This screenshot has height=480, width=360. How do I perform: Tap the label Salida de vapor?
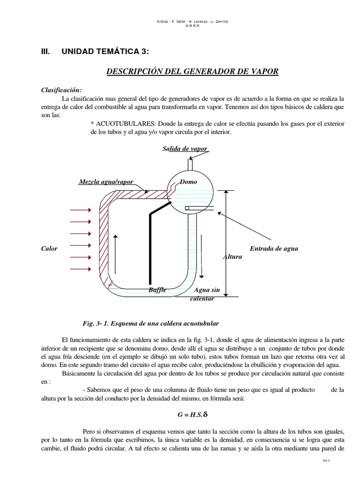tap(185, 149)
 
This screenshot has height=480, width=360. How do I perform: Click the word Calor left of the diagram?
tap(49, 248)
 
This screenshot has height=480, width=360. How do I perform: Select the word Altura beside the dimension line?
tap(232, 257)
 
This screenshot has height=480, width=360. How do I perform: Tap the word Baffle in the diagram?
tap(157, 290)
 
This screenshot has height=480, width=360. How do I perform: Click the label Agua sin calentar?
tap(204, 294)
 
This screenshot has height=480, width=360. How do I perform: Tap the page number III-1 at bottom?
tap(327, 461)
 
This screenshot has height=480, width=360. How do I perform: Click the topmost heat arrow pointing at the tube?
tap(80, 210)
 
